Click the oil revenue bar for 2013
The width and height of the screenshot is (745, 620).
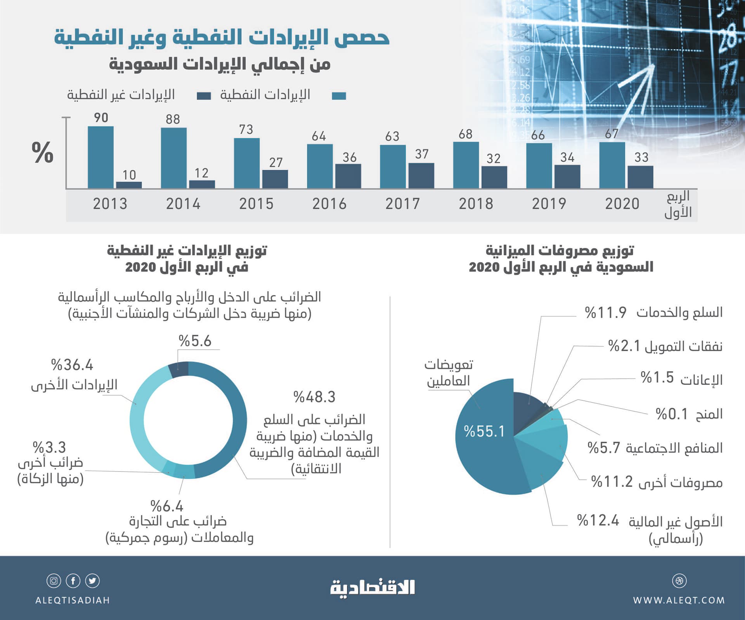[x=100, y=157]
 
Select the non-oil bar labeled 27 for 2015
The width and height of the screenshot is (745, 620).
[x=275, y=179]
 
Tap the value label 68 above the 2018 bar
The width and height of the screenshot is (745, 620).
[x=465, y=134]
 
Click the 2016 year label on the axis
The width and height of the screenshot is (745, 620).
[x=329, y=204]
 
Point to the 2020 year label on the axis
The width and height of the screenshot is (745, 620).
[x=622, y=204]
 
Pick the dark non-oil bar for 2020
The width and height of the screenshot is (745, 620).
[x=640, y=177]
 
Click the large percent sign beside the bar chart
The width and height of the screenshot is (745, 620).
[x=42, y=152]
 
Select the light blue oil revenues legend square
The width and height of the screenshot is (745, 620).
[x=339, y=96]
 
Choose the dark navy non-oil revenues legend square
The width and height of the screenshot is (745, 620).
[x=204, y=96]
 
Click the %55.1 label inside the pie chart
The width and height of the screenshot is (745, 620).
[x=484, y=431]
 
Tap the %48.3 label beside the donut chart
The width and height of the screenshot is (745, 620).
[x=314, y=397]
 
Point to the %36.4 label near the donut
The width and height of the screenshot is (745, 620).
[x=72, y=365]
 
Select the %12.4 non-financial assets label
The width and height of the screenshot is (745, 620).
[x=598, y=520]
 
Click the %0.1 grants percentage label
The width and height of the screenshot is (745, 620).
[x=671, y=414]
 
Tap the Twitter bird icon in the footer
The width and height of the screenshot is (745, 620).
[x=92, y=581]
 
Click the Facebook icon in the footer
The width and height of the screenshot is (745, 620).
[x=73, y=581]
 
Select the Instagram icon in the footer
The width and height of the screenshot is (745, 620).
[x=54, y=581]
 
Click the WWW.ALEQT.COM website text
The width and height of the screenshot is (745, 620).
[x=679, y=600]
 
